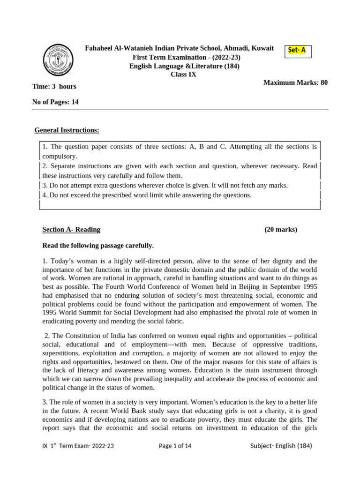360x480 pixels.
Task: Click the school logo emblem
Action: click(58, 60)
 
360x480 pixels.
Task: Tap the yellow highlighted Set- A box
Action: click(297, 51)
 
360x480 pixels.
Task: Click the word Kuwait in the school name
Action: click(262, 48)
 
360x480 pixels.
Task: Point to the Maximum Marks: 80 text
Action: click(295, 82)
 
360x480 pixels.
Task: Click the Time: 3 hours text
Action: click(54, 86)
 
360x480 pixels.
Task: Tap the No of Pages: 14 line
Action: click(55, 102)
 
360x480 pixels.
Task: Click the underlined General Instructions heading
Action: click(67, 129)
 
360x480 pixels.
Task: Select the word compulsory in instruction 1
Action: click(59, 156)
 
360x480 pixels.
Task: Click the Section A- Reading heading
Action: click(71, 230)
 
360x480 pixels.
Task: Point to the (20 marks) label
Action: click(280, 230)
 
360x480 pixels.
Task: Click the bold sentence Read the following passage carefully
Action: click(98, 246)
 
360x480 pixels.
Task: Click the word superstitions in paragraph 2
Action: click(60, 353)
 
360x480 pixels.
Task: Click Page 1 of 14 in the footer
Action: click(175, 446)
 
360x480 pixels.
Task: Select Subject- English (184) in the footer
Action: click(281, 446)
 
